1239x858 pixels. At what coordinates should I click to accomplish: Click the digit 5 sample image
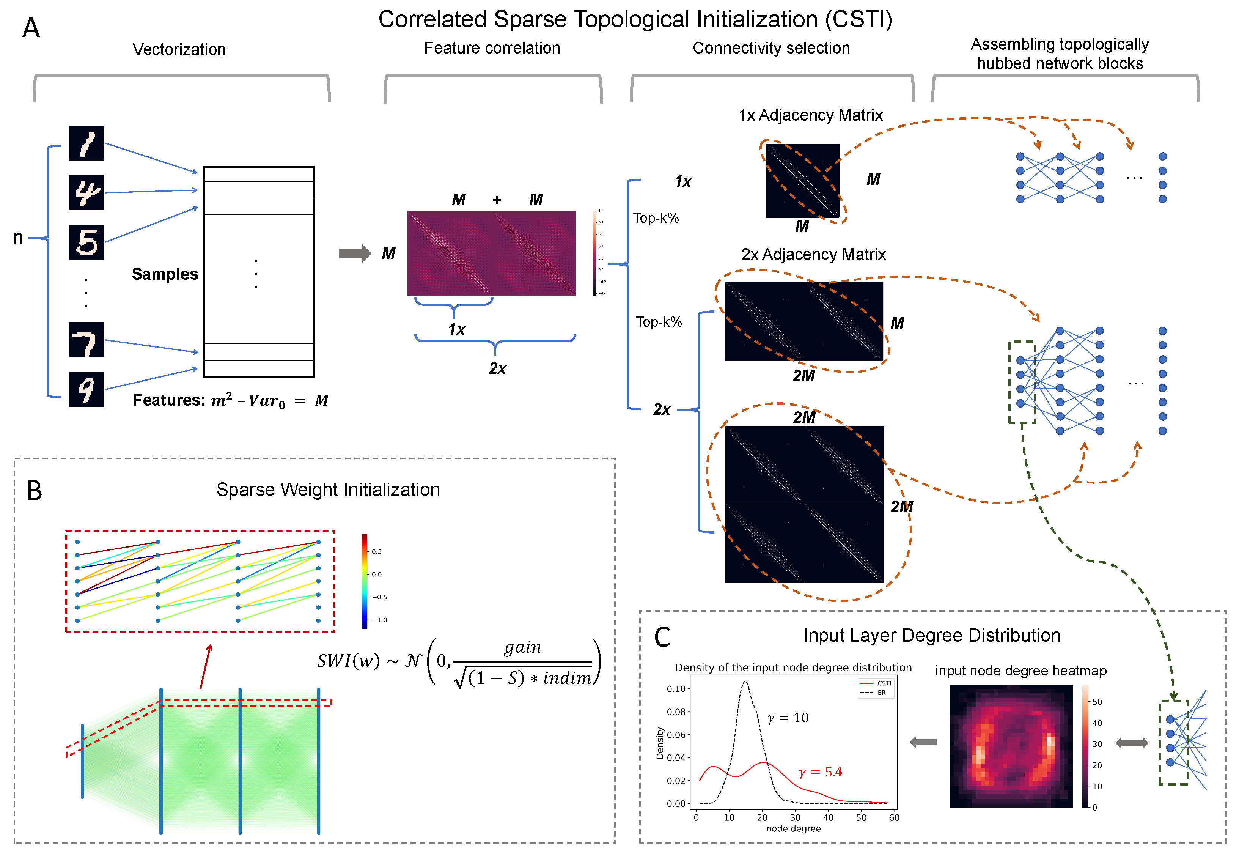click(86, 242)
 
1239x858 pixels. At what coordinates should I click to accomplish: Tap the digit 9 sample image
click(86, 389)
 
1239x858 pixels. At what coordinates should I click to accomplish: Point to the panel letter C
click(662, 637)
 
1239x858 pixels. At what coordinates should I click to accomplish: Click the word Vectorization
click(179, 49)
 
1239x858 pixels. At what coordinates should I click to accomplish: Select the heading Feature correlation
click(492, 48)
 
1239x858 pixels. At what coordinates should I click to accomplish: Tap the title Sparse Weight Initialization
click(328, 490)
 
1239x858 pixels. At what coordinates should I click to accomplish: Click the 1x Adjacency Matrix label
click(810, 115)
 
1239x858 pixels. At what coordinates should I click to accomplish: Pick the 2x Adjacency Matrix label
click(813, 254)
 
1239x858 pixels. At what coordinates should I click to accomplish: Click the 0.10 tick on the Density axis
click(676, 689)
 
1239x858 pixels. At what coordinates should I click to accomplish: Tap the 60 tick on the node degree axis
click(893, 818)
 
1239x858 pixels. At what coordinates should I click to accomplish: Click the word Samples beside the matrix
click(165, 274)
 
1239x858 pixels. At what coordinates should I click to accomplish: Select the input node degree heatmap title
click(1020, 671)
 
